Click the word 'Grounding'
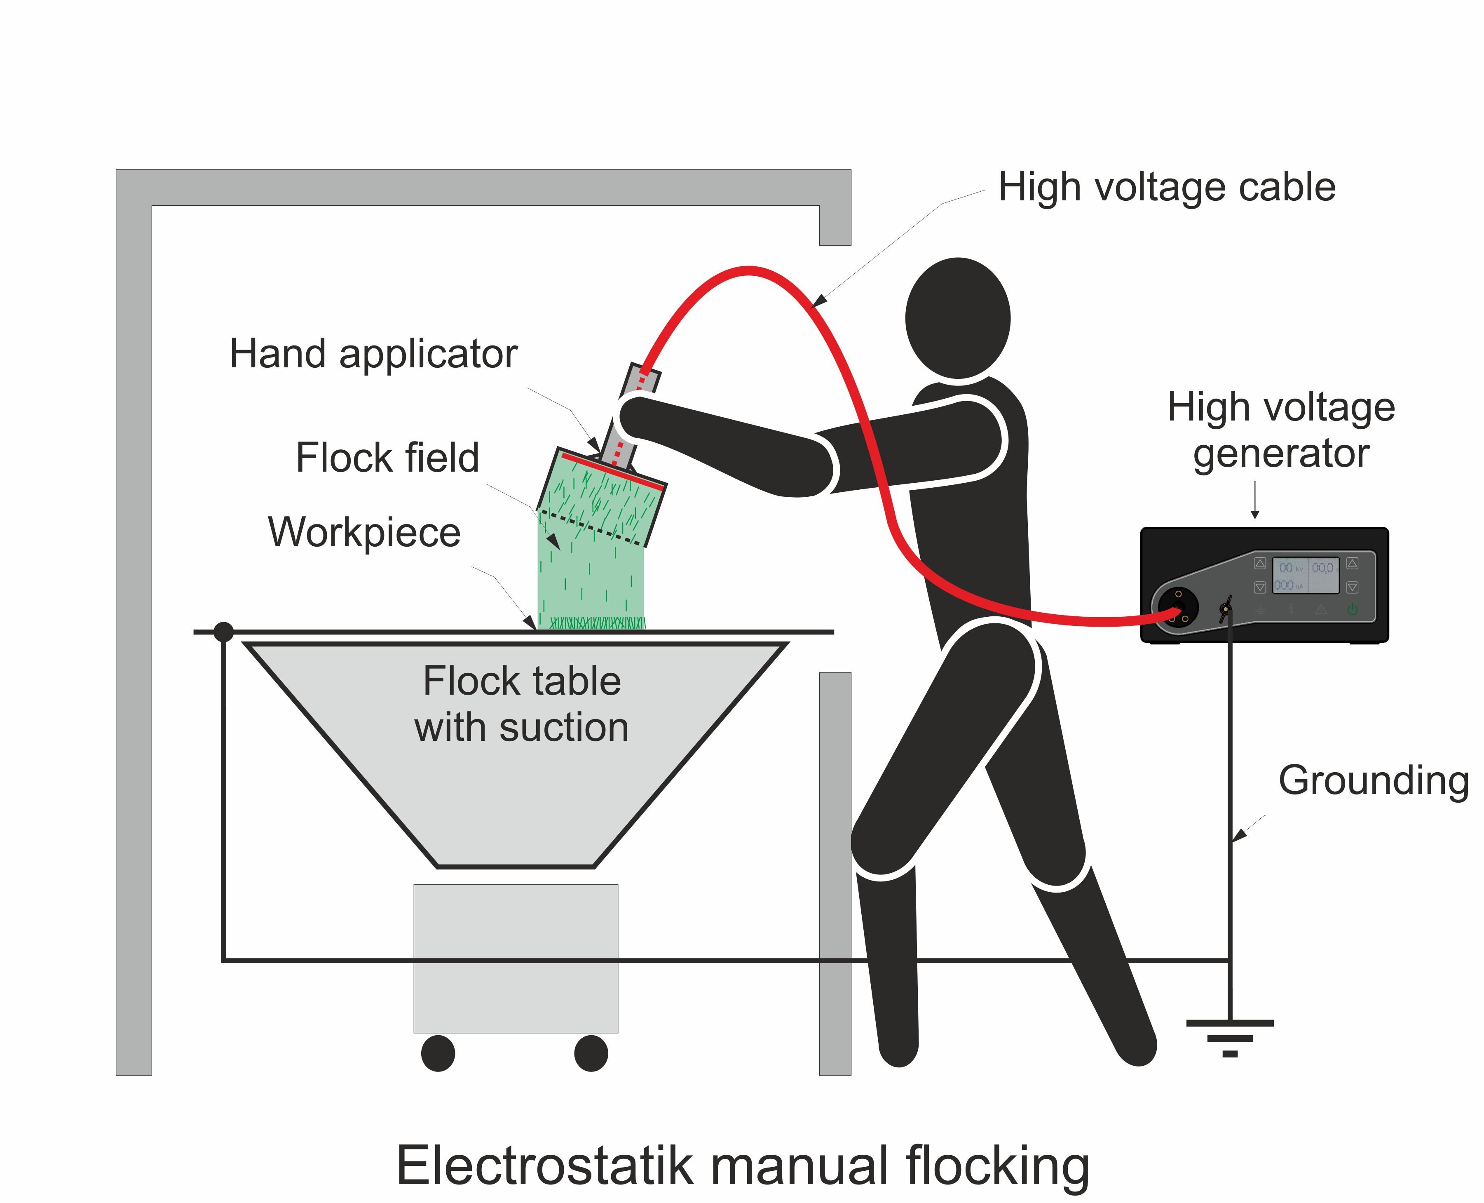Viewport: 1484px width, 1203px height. pos(1373,780)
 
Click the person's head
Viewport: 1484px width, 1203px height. pos(957,319)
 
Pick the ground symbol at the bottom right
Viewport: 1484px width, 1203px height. pos(1230,1038)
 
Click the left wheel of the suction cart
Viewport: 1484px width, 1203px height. pos(438,1053)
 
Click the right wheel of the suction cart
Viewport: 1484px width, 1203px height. pos(591,1053)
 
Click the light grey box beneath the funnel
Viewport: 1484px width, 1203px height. pos(516,958)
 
